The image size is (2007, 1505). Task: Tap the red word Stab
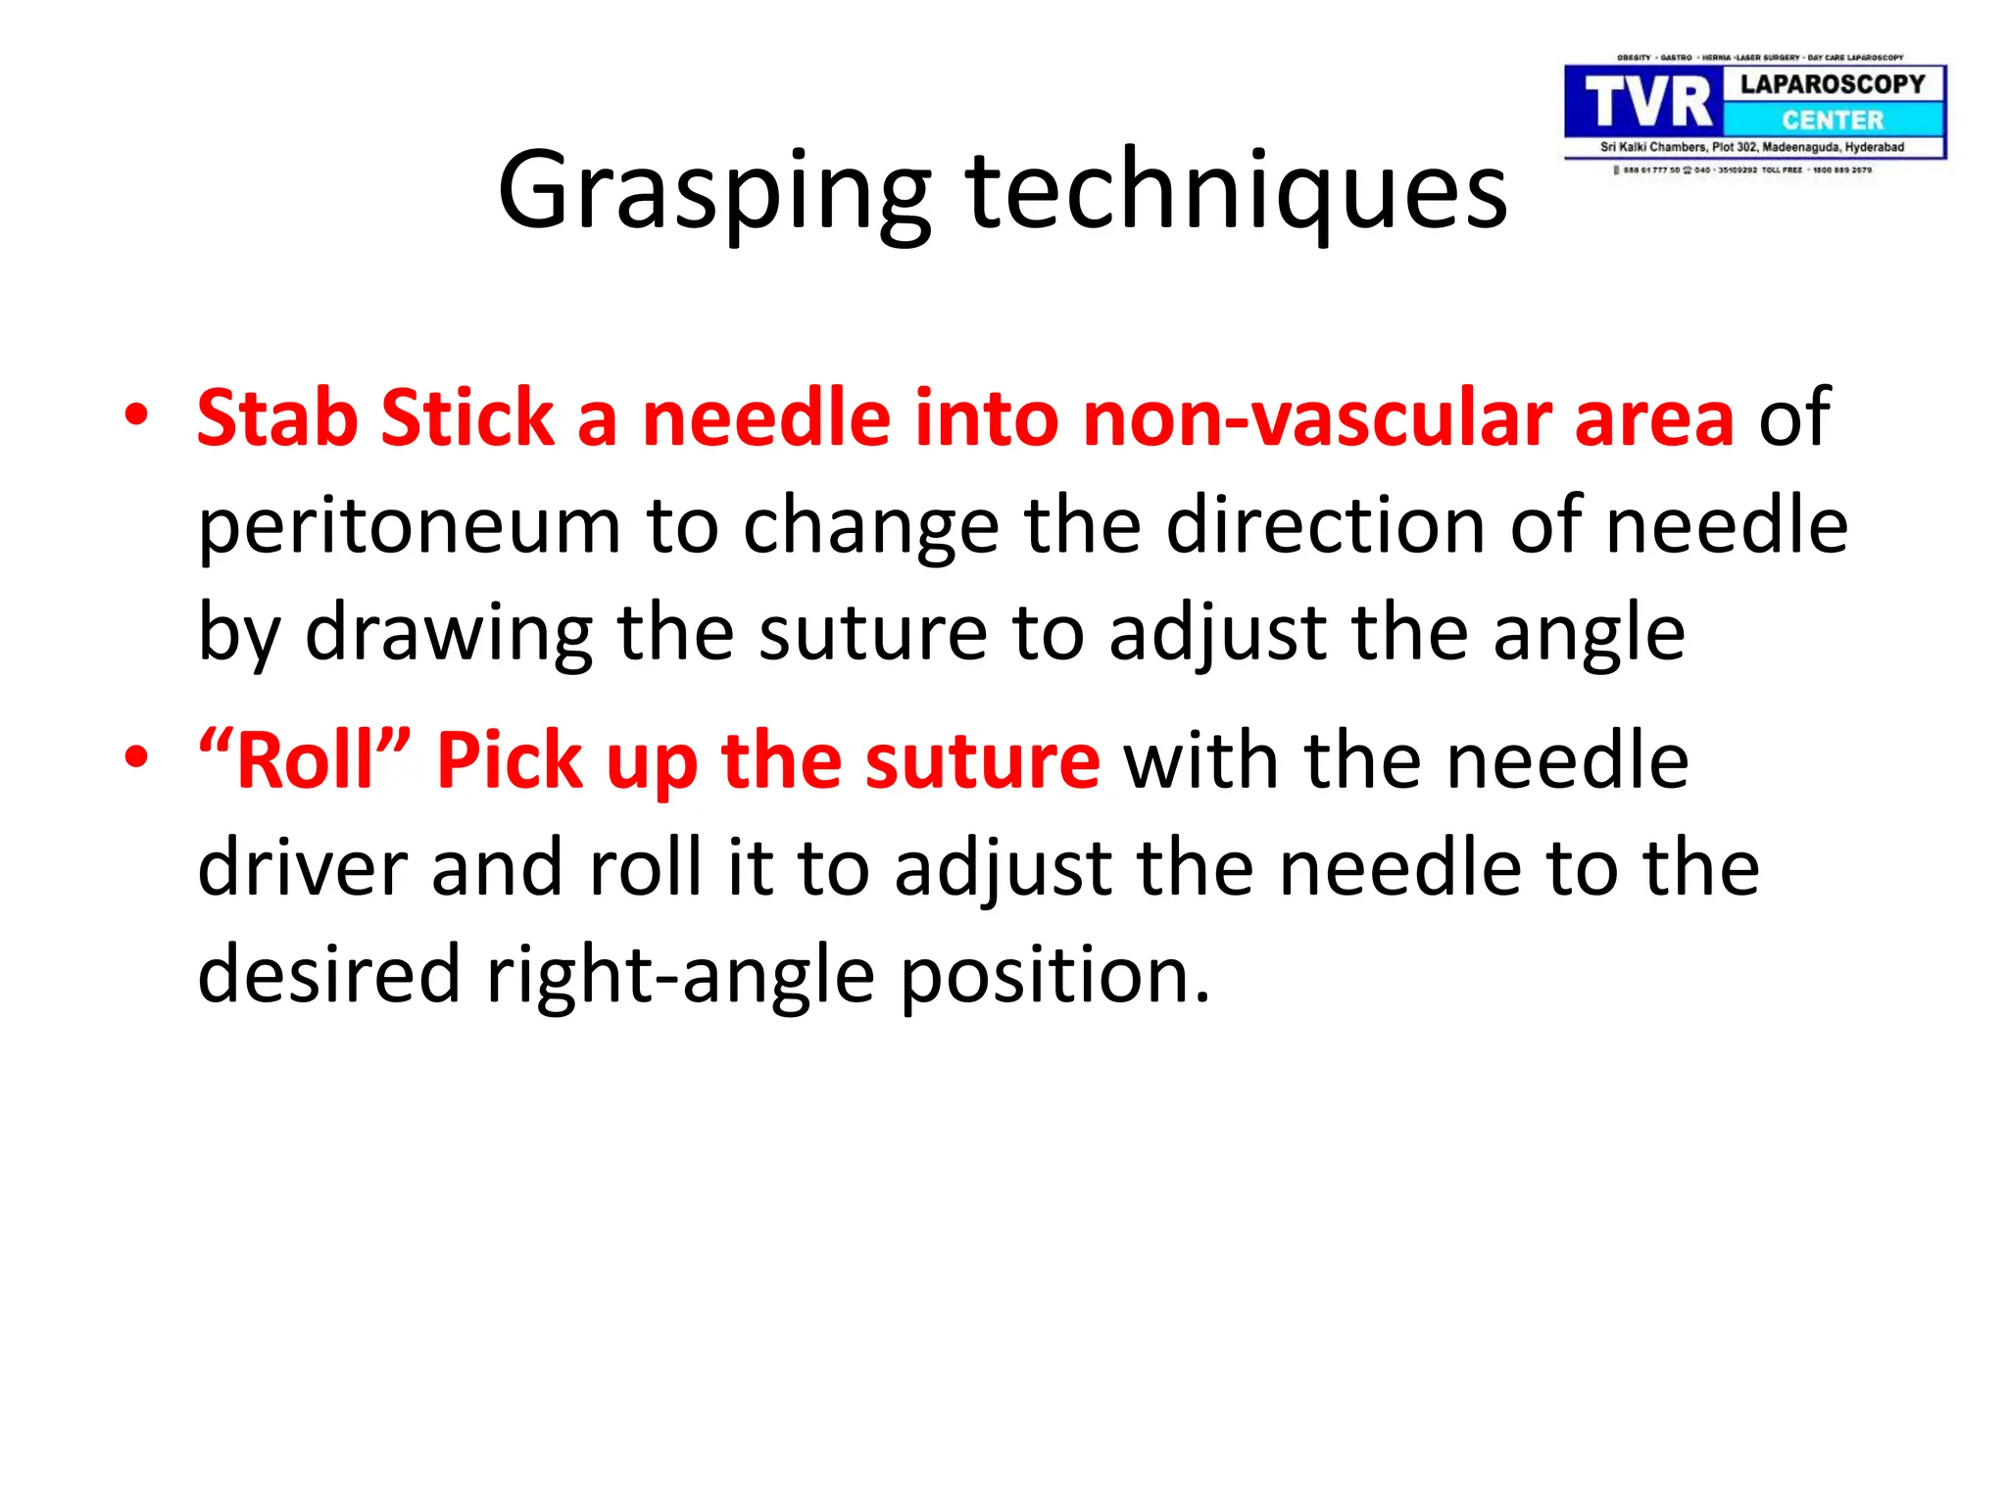pyautogui.click(x=277, y=418)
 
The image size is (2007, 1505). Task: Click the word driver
pyautogui.click(x=302, y=868)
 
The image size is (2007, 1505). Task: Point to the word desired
pyautogui.click(x=328, y=975)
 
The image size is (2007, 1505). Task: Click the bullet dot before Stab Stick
pyautogui.click(x=136, y=415)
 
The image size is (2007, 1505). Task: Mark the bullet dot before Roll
pyautogui.click(x=136, y=757)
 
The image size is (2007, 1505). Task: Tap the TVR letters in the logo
pyautogui.click(x=1647, y=103)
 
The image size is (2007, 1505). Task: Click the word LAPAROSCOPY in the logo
pyautogui.click(x=1833, y=84)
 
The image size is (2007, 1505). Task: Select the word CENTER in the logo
pyautogui.click(x=1833, y=121)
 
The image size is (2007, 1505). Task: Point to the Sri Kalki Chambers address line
pyautogui.click(x=1752, y=147)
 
